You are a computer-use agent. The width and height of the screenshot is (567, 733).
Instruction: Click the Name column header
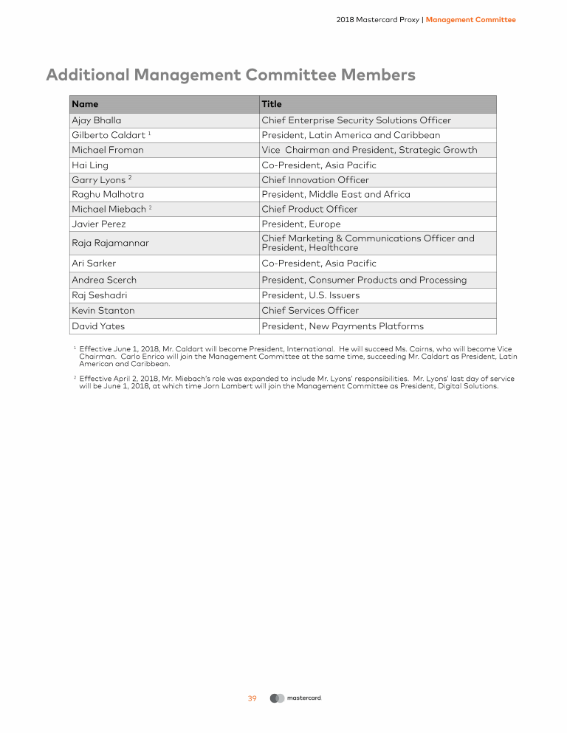coord(85,104)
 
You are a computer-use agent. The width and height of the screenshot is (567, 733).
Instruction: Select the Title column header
coord(272,104)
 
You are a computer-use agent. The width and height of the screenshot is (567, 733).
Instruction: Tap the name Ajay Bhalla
coord(97,120)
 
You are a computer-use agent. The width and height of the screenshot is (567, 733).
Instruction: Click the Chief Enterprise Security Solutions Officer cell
coord(356,120)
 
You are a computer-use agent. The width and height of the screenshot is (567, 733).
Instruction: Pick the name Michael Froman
coord(108,150)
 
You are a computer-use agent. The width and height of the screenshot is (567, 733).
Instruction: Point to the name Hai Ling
coord(90,165)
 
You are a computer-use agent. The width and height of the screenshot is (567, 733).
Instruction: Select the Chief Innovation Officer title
coord(315,180)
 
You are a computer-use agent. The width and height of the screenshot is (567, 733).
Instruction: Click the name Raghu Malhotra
coord(109,194)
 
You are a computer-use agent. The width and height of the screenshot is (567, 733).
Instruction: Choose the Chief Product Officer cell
coord(309,209)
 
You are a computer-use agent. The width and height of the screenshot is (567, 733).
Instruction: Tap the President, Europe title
coord(301,224)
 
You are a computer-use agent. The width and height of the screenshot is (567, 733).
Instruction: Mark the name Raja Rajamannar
coord(110,243)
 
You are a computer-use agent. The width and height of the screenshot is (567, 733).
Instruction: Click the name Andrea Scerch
coord(104,280)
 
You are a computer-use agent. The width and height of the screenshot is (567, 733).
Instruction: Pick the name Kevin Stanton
coord(103,311)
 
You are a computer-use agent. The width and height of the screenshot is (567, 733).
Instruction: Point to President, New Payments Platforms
coord(343,326)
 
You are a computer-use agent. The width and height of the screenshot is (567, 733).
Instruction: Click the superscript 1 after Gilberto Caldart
coord(149,133)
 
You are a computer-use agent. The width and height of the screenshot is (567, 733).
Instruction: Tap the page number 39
coord(252,698)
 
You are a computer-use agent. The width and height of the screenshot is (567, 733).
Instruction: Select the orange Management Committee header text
coord(471,20)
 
